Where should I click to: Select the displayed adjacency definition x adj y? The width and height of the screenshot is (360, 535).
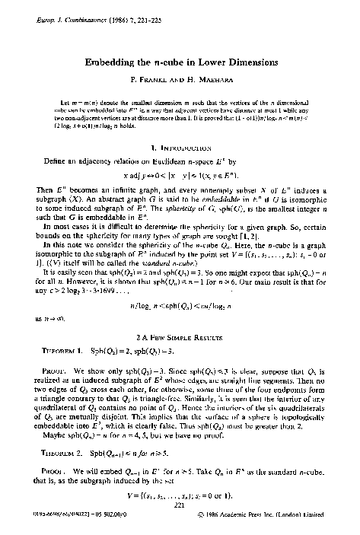[180, 152]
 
